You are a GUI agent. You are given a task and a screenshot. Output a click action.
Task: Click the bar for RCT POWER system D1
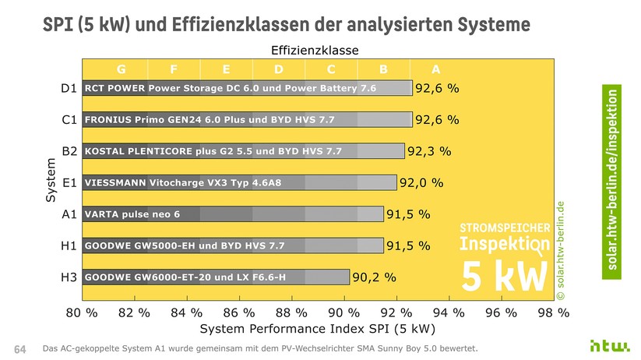point(247,88)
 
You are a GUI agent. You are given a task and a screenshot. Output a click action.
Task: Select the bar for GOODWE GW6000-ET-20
point(216,277)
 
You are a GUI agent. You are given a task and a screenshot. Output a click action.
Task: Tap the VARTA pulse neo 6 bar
point(233,214)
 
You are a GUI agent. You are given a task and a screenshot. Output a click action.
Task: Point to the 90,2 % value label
point(375,277)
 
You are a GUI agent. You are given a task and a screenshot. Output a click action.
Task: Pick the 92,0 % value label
point(421,182)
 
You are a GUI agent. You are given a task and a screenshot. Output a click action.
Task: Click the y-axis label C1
point(69,120)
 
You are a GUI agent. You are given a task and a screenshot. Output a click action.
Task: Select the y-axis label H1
point(69,245)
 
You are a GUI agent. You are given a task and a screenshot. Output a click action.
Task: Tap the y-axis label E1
point(69,182)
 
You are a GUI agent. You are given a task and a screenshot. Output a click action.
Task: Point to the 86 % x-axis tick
point(238,312)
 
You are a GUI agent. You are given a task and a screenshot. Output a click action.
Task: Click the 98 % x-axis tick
point(553,312)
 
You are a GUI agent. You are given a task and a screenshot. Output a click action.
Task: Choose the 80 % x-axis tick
point(81,312)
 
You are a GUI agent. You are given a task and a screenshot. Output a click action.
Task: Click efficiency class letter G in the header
point(121,68)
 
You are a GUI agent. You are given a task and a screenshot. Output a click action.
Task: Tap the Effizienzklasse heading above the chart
point(315,50)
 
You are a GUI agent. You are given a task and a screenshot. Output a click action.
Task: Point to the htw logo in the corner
point(606,345)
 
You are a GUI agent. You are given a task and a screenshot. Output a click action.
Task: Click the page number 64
point(20,348)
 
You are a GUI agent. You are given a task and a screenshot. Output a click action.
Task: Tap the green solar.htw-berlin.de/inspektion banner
point(614,180)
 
